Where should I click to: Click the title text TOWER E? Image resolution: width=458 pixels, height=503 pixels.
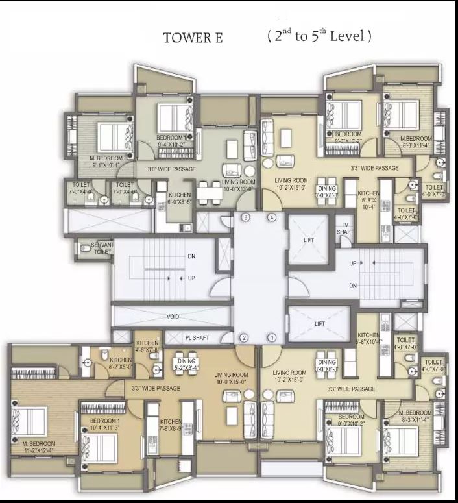193,38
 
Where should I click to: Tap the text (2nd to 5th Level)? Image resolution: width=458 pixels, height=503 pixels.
319,36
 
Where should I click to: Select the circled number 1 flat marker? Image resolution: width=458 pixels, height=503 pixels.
272,337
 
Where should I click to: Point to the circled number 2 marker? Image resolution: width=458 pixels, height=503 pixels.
245,337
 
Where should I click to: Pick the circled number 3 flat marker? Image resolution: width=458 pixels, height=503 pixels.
246,218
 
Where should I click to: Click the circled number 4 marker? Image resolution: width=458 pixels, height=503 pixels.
272,218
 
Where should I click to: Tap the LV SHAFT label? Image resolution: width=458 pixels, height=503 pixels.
346,228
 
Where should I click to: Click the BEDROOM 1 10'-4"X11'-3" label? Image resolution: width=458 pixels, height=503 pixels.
100,424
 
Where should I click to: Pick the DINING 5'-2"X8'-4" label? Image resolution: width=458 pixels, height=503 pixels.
187,363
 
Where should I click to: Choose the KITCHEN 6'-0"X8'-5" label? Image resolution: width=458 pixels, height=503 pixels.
179,198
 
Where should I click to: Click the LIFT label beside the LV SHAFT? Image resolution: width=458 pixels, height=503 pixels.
308,240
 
